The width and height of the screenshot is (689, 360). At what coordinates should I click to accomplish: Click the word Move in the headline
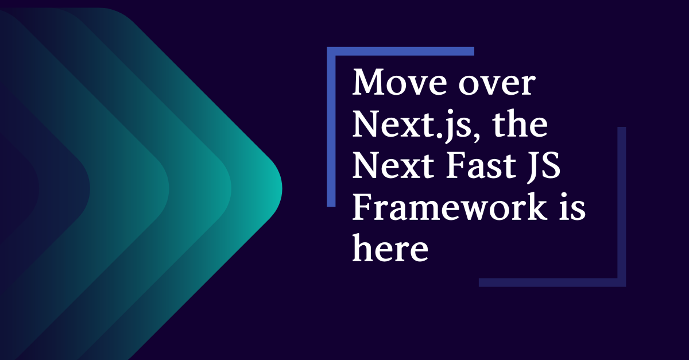(397, 84)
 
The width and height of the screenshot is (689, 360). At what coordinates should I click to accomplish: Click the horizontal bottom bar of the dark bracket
(551, 282)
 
